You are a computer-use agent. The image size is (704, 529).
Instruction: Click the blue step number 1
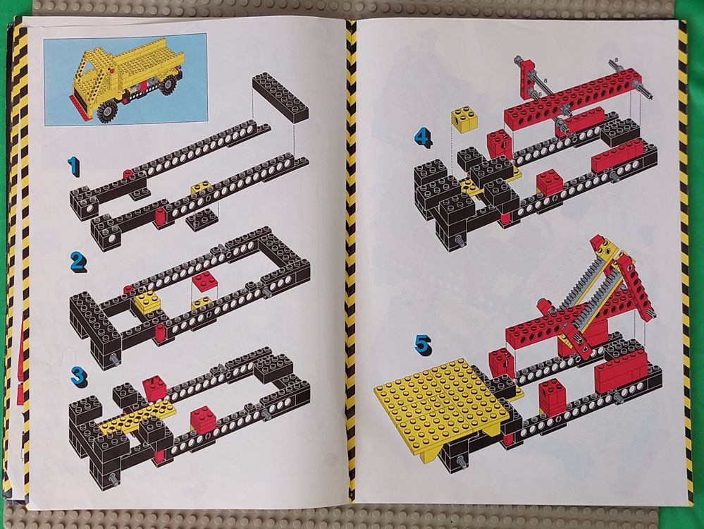[x=73, y=166]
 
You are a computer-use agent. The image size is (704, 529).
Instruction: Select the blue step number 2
[x=78, y=262]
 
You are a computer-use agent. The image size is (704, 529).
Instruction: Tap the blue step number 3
[x=78, y=375]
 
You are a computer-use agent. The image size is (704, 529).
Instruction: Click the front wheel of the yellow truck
[x=108, y=112]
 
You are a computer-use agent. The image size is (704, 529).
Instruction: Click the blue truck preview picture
[x=125, y=78]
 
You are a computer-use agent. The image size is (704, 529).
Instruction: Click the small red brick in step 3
[x=202, y=420]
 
